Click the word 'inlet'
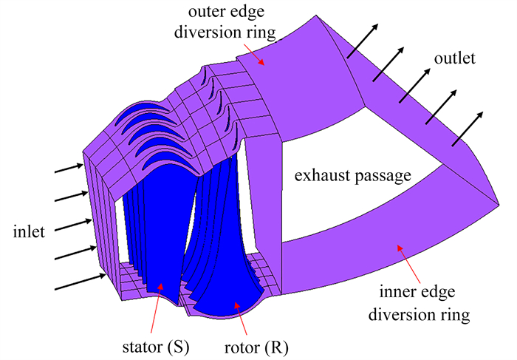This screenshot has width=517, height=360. point(29,231)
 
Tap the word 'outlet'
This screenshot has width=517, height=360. point(455,58)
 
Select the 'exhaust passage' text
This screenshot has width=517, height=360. point(353,175)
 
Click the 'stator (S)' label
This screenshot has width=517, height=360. point(156,347)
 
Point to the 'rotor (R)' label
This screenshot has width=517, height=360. point(256,347)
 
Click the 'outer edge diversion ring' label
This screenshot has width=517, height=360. point(226,21)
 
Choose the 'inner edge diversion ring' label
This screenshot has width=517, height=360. point(419,303)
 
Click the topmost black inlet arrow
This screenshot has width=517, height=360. point(69,168)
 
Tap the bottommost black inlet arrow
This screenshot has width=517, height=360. point(81,282)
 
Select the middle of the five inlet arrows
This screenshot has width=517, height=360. point(73,225)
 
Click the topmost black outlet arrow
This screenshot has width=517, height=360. point(363,41)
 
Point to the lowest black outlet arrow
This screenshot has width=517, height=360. point(468,129)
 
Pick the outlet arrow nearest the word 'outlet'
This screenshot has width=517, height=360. point(415,86)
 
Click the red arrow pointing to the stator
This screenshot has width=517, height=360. point(157,308)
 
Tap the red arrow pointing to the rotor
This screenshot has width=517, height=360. point(241,319)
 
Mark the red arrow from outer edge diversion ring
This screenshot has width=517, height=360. point(255,52)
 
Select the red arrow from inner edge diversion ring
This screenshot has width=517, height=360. point(409,264)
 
